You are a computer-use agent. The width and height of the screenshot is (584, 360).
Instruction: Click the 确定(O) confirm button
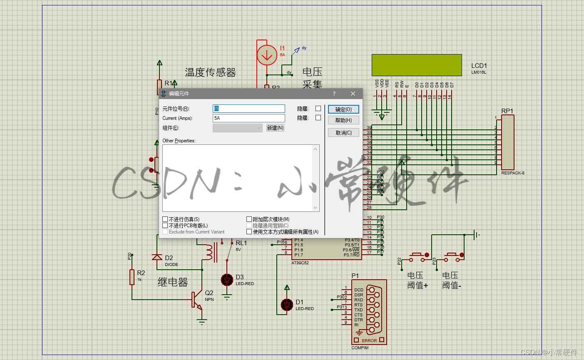click(x=343, y=109)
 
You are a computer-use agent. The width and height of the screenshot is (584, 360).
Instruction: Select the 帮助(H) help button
click(x=343, y=120)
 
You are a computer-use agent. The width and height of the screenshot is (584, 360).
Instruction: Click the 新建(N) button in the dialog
click(x=275, y=128)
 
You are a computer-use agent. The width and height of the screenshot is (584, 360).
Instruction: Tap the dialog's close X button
click(x=353, y=94)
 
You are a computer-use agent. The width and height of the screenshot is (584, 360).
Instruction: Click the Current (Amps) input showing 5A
click(x=249, y=118)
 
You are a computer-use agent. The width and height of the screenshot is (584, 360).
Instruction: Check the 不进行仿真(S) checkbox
click(x=165, y=219)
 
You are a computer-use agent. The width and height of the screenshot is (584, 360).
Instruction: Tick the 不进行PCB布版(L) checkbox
click(x=165, y=226)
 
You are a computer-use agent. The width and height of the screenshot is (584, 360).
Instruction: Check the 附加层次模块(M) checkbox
click(x=249, y=219)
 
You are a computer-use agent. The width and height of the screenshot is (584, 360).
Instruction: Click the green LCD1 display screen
click(x=417, y=65)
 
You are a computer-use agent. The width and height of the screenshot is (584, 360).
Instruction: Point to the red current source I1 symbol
click(x=266, y=55)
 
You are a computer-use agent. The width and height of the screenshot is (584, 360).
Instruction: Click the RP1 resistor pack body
click(x=507, y=142)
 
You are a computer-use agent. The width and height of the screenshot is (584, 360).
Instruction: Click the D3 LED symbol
click(x=227, y=280)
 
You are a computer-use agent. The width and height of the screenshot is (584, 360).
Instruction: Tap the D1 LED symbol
click(x=287, y=305)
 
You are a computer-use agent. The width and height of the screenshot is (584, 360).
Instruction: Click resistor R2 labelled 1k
click(x=132, y=277)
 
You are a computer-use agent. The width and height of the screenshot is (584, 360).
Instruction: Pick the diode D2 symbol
click(x=157, y=257)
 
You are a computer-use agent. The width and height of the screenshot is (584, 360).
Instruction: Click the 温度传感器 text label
click(x=210, y=72)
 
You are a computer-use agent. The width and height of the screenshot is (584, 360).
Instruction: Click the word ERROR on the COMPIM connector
click(x=369, y=340)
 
